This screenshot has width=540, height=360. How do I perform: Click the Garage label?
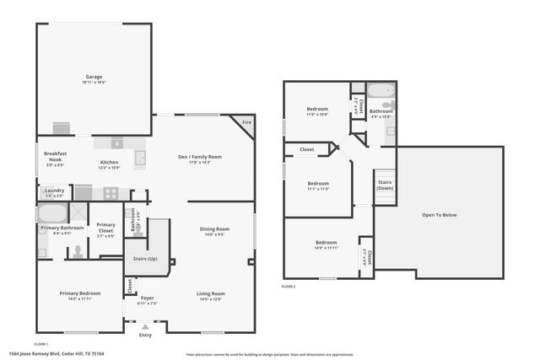[x=93, y=77]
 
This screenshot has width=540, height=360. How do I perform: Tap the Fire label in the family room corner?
[x=246, y=123]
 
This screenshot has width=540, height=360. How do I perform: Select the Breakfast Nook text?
[x=56, y=157]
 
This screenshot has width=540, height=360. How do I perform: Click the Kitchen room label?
[x=110, y=162]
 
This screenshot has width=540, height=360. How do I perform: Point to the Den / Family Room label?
[x=199, y=157]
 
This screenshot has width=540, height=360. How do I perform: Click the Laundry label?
[x=54, y=191]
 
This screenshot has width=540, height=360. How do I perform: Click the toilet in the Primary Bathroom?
[x=77, y=250]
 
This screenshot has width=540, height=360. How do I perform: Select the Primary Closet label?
[x=105, y=227]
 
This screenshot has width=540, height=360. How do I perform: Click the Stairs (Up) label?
[x=146, y=259]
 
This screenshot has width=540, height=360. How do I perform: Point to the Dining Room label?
[x=214, y=229]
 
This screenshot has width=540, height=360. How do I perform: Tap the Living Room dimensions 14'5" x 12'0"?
[x=211, y=299]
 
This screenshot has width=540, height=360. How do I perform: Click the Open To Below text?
[x=439, y=215]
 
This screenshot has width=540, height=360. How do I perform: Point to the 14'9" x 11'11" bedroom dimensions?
[x=326, y=248]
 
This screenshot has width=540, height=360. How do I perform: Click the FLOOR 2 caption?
[x=289, y=287]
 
